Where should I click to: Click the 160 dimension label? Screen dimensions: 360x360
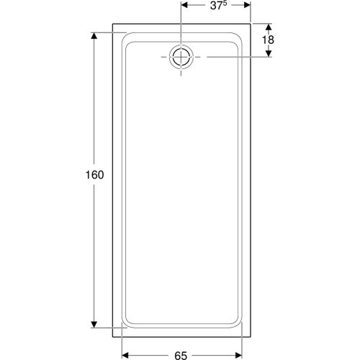coord(94,175)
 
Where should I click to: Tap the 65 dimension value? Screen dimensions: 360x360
coord(181,356)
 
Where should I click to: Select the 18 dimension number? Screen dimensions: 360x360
coord(268,40)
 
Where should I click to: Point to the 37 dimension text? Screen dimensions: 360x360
coord(216,6)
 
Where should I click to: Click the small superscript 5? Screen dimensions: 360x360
coord(225,3)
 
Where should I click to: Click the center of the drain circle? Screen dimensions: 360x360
coord(181,57)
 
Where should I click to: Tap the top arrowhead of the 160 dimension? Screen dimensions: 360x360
coord(94,36)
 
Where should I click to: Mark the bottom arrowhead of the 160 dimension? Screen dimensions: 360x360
coord(94,324)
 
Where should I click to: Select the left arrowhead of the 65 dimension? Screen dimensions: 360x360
coord(125,355)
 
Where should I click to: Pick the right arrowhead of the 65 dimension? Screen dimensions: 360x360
coord(238,355)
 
